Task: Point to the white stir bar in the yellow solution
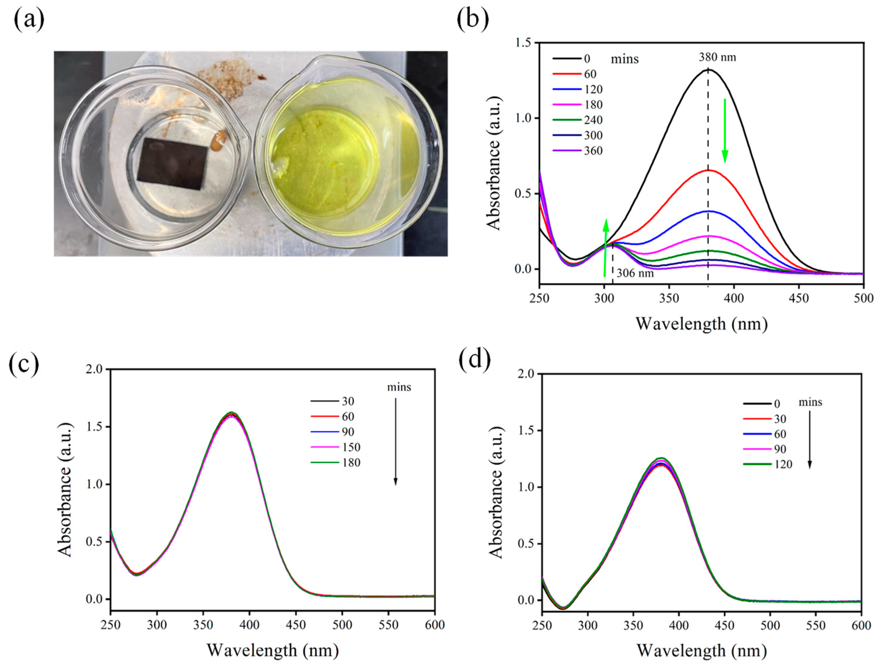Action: [x=281, y=166]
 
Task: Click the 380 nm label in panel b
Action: [x=717, y=57]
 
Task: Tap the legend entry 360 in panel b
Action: [x=593, y=151]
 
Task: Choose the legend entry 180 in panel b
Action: [x=593, y=105]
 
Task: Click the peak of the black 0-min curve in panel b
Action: [x=708, y=70]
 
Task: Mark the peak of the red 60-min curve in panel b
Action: [x=708, y=170]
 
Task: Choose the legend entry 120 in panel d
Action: [x=783, y=464]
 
